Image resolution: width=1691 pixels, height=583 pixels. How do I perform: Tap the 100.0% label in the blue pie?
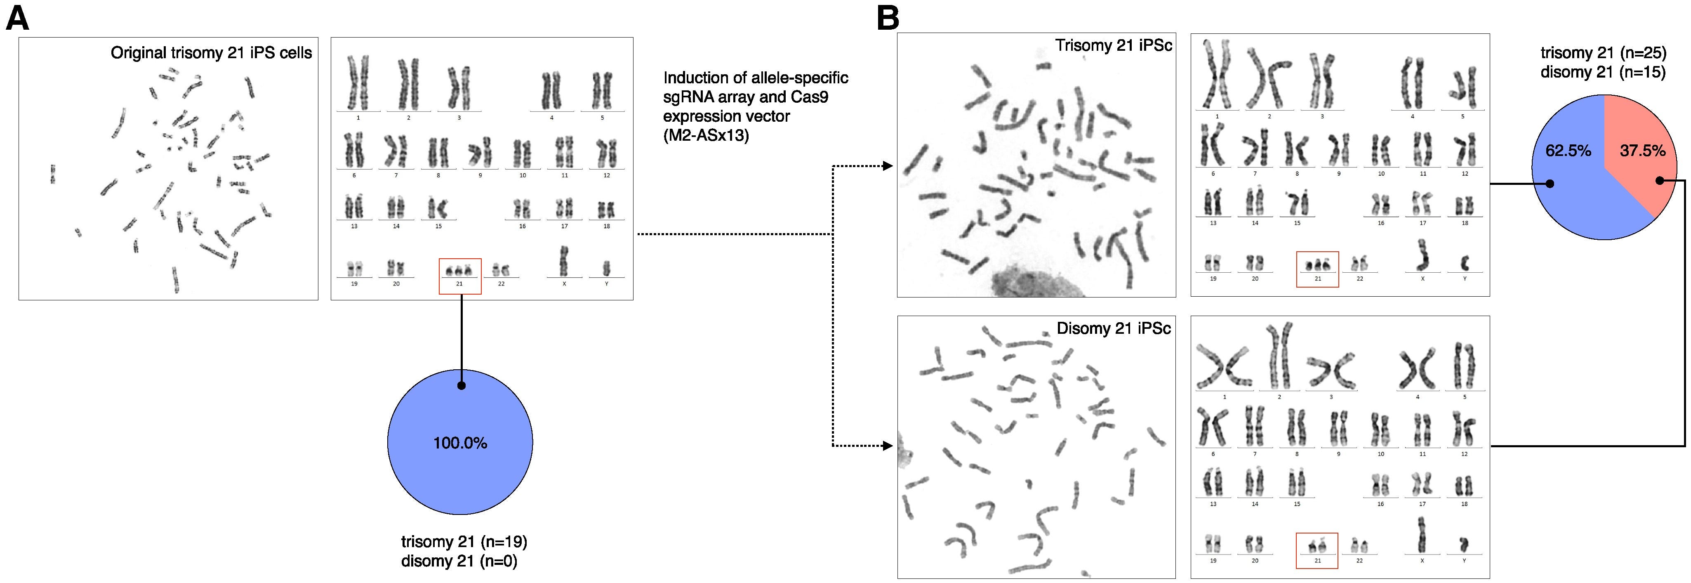[460, 443]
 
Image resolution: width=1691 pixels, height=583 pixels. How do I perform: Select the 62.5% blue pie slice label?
[1568, 151]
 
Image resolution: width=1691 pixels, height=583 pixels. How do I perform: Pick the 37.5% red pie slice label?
[1642, 151]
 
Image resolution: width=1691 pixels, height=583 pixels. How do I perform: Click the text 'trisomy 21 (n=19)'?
[464, 542]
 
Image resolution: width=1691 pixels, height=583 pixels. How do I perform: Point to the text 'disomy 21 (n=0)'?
[459, 561]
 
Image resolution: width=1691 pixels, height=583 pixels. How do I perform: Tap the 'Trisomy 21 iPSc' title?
[1113, 46]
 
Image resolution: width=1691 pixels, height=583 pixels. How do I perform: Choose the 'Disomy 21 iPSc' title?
[1113, 328]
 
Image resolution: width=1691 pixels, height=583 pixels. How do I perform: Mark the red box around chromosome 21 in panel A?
[459, 276]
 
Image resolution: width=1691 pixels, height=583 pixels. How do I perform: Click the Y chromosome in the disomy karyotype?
[1464, 544]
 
